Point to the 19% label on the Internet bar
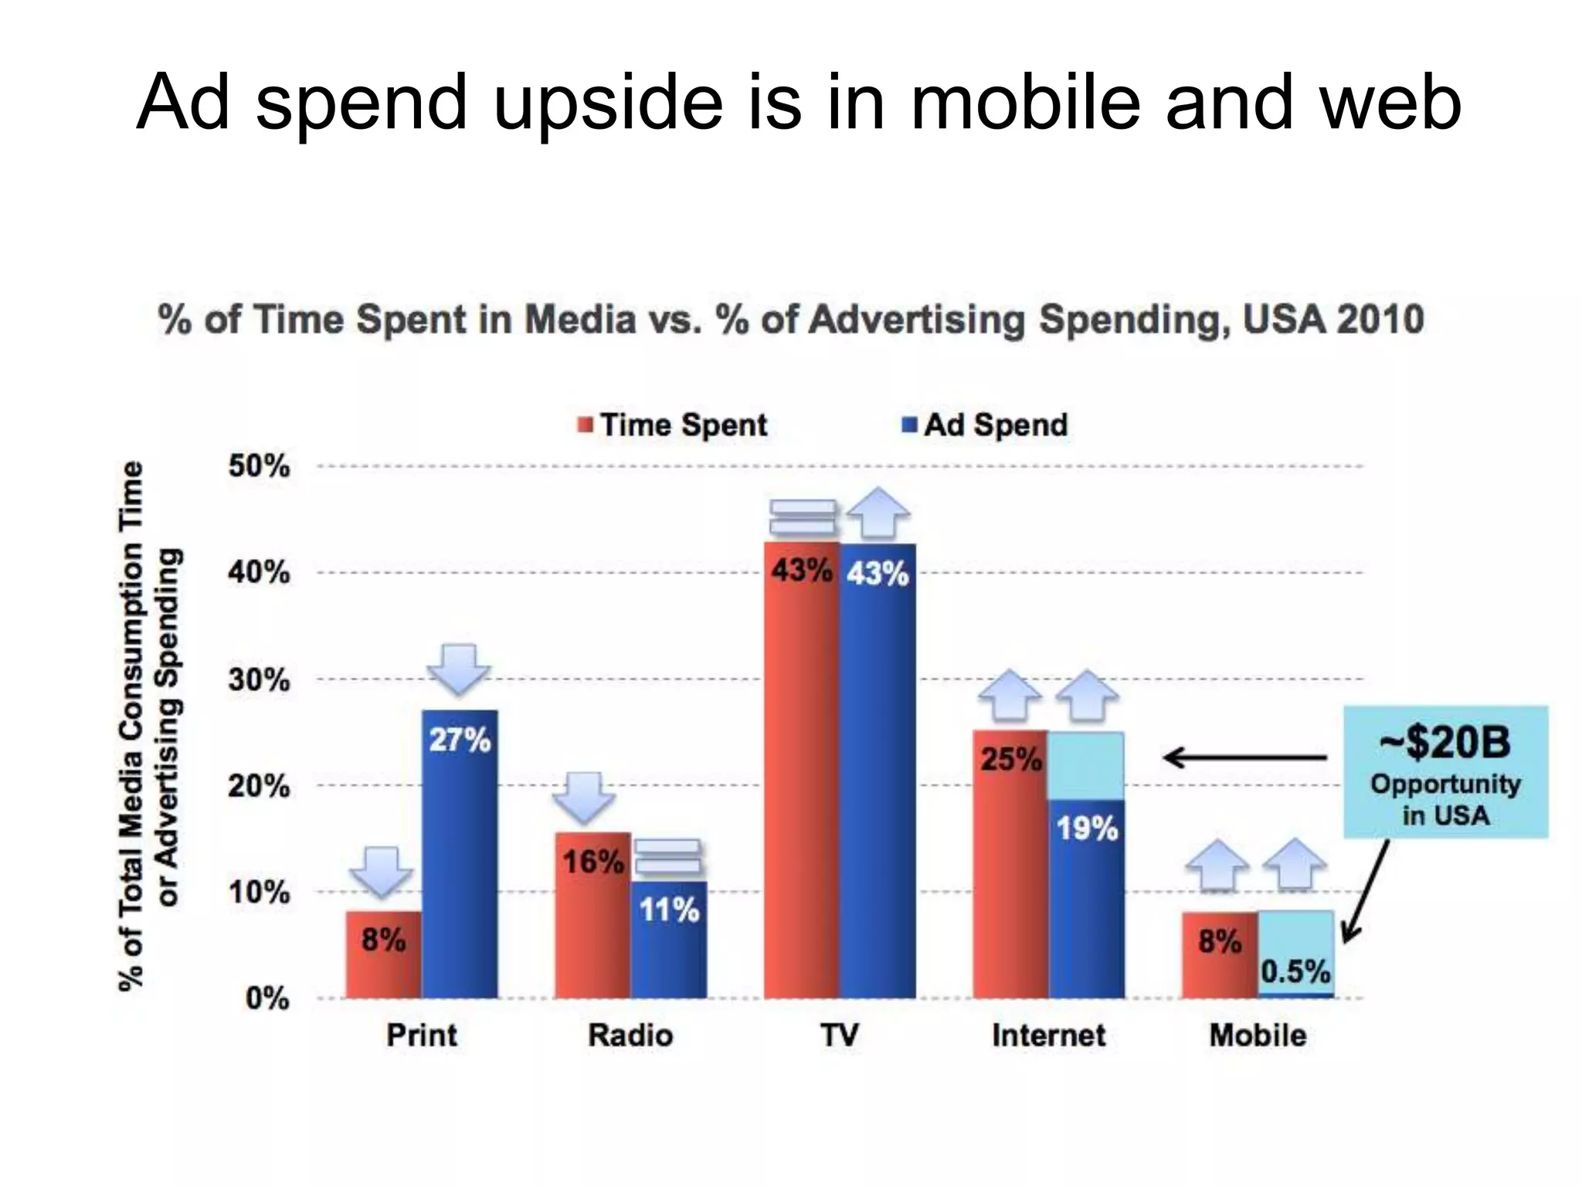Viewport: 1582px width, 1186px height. click(x=1087, y=829)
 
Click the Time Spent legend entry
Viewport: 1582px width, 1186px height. click(x=673, y=425)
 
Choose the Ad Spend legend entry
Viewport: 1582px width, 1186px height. click(x=986, y=425)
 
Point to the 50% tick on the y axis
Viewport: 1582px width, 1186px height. click(x=259, y=466)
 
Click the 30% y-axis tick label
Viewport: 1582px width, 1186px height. click(x=259, y=680)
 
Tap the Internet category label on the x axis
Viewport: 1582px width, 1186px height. click(x=1048, y=1035)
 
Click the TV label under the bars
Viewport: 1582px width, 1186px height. click(x=840, y=1035)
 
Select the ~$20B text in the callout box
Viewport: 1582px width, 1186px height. click(x=1445, y=742)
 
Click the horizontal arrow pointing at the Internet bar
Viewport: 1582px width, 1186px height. click(x=1244, y=758)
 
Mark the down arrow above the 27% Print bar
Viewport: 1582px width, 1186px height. click(x=459, y=668)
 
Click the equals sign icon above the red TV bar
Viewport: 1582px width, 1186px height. click(x=803, y=517)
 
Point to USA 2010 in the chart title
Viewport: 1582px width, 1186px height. click(x=1333, y=320)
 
